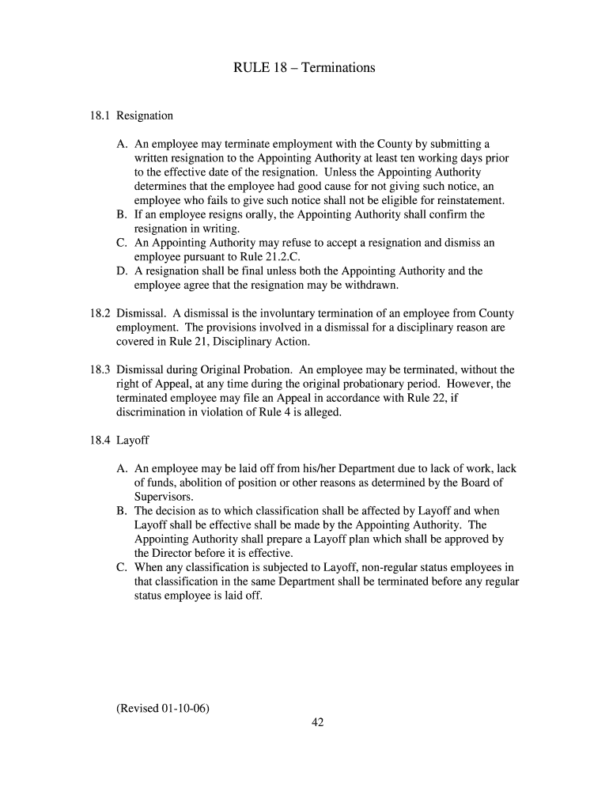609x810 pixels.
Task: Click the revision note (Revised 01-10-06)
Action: coord(163,708)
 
